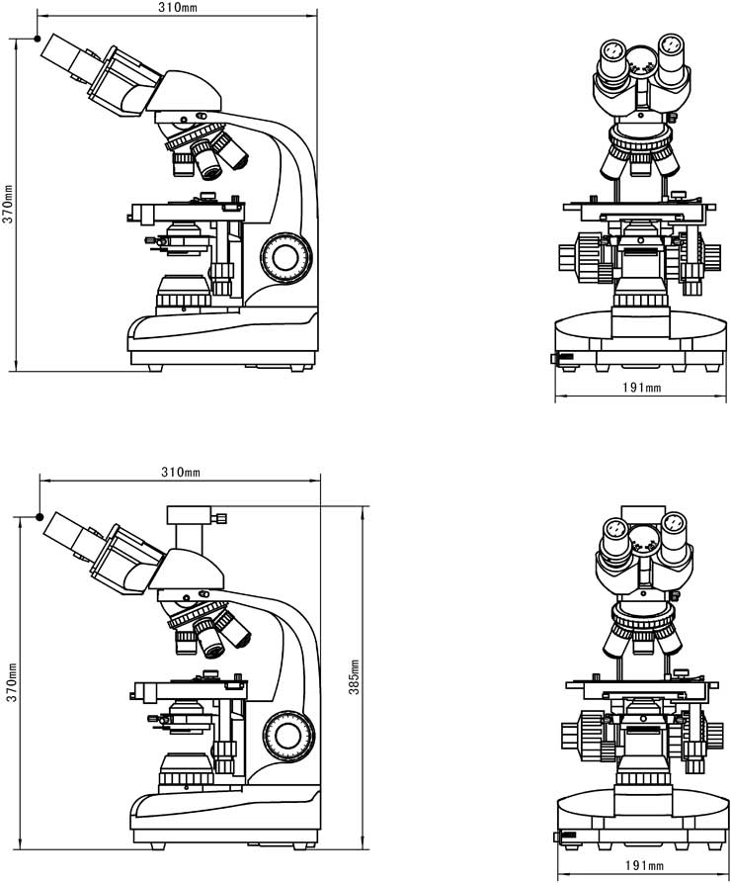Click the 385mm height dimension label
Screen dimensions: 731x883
click(x=354, y=676)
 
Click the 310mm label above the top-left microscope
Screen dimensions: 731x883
click(x=177, y=7)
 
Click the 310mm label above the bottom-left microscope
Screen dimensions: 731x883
click(x=180, y=472)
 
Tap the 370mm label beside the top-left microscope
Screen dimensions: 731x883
click(x=8, y=204)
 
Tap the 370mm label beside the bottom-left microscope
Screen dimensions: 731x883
click(x=11, y=683)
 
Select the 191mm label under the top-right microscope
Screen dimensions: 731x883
click(x=641, y=388)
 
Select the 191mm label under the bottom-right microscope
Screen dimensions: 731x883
click(x=644, y=865)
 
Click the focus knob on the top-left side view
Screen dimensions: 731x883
click(x=285, y=257)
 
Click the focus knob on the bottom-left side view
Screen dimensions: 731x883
click(x=288, y=736)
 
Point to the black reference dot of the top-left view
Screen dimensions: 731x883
click(x=38, y=39)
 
